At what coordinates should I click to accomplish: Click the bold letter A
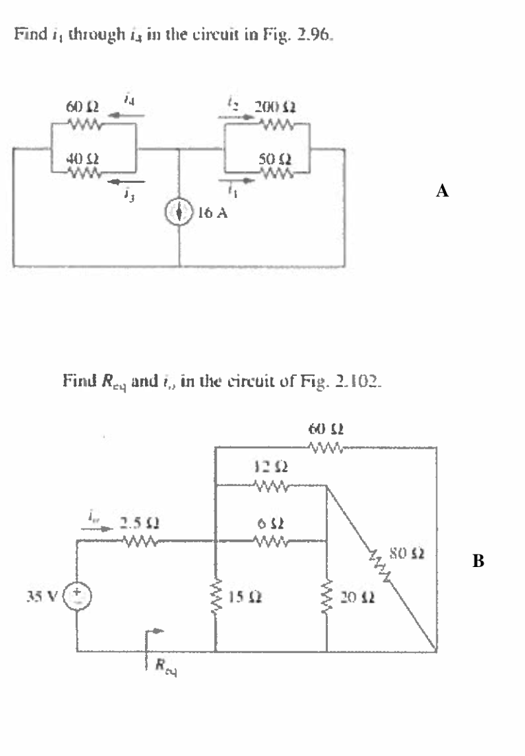point(443,192)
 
